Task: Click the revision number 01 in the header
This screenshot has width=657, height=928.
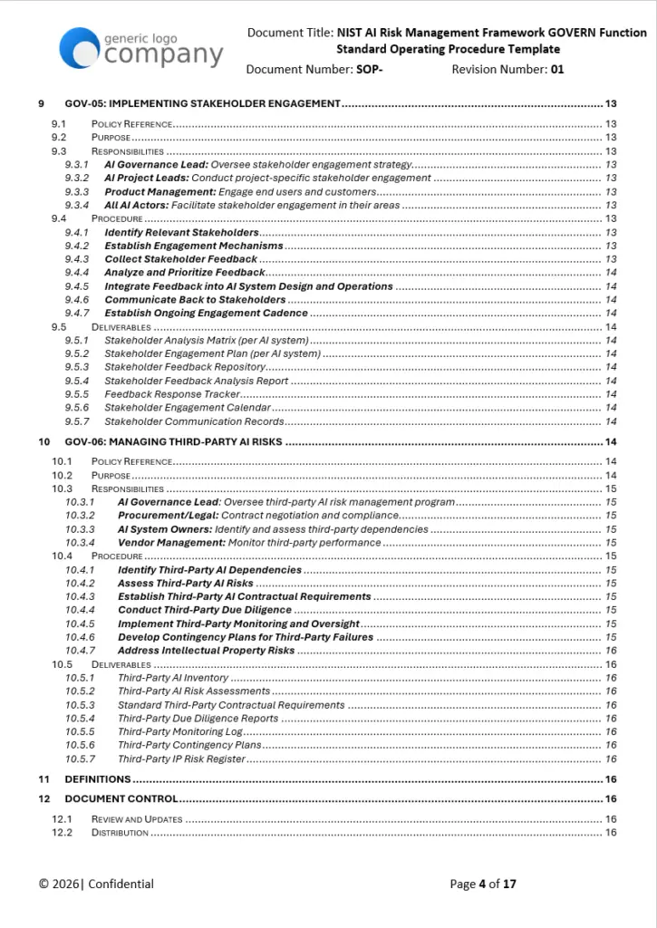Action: [556, 69]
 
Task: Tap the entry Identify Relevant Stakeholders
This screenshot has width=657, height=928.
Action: [181, 233]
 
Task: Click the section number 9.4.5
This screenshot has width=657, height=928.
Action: [77, 286]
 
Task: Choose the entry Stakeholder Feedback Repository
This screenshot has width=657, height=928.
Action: [185, 367]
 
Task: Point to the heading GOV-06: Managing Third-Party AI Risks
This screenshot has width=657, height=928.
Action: [173, 442]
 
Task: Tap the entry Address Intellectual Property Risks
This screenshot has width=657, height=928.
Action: [206, 651]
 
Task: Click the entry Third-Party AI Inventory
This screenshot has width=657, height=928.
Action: [173, 678]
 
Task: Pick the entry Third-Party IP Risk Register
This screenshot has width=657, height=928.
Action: [181, 759]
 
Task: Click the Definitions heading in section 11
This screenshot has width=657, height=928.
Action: [97, 779]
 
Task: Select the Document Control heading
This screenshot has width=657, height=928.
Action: [121, 799]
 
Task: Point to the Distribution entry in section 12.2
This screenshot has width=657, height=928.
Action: [120, 833]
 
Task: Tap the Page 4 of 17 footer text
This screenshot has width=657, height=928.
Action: [482, 884]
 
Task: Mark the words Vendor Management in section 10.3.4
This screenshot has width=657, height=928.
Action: [171, 543]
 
